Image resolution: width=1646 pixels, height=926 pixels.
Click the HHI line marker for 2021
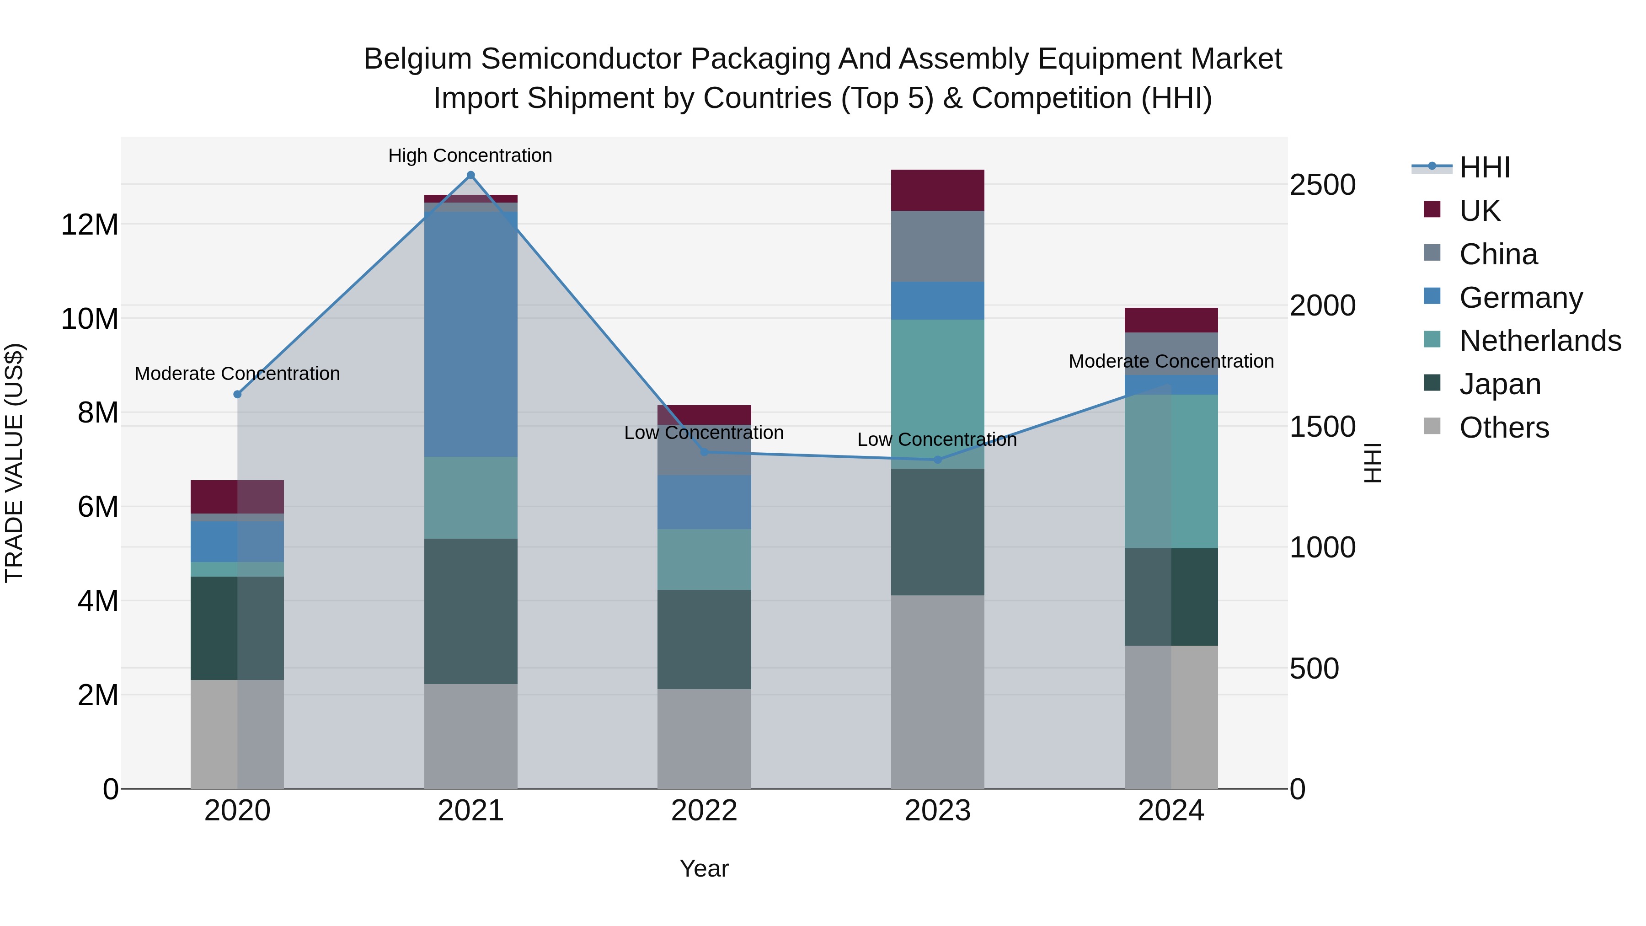(x=470, y=175)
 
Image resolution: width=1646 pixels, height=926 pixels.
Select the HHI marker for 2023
(x=937, y=460)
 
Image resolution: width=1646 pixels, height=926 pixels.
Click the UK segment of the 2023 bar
(x=937, y=190)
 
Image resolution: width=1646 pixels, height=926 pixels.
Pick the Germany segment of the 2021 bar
(x=470, y=332)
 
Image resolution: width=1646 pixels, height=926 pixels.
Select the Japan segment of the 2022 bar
(x=704, y=639)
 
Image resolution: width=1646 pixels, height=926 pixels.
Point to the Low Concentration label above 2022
(x=704, y=433)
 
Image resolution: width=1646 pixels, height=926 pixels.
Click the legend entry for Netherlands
(x=1540, y=341)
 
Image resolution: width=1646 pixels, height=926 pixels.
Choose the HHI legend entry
(x=1484, y=167)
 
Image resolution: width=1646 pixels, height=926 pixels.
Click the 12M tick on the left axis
(x=90, y=225)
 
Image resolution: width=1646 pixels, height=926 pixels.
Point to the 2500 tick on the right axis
(x=1322, y=185)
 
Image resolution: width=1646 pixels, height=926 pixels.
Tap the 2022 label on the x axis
(x=704, y=811)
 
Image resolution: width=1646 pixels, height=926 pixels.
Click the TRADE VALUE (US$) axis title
(x=14, y=463)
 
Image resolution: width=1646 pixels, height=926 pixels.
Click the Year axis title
(x=704, y=868)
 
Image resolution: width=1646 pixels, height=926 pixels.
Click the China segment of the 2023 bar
(x=937, y=246)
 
